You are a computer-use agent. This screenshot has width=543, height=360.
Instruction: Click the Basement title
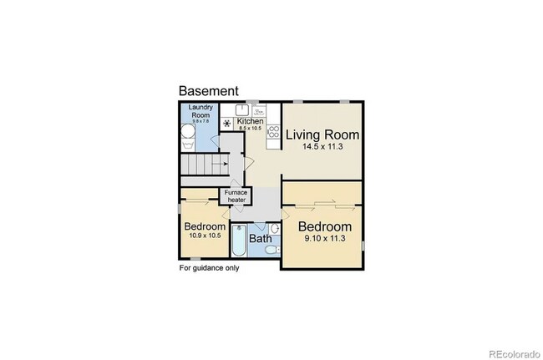pos(209,91)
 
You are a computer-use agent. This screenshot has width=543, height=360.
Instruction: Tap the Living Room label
pos(322,134)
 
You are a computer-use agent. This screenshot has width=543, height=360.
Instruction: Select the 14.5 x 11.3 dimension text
pos(322,147)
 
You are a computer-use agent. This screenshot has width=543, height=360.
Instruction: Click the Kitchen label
pos(251,122)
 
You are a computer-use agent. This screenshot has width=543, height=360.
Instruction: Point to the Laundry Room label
pos(201,110)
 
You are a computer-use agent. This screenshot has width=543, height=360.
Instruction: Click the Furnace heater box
pos(235,196)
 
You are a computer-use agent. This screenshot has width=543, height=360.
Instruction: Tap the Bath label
pos(261,239)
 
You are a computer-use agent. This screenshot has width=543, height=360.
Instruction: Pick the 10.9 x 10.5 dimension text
pos(205,236)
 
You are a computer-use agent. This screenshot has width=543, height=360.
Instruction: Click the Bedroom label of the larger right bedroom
pos(324,227)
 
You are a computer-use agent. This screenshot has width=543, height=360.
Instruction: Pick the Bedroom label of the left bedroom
pos(205,226)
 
